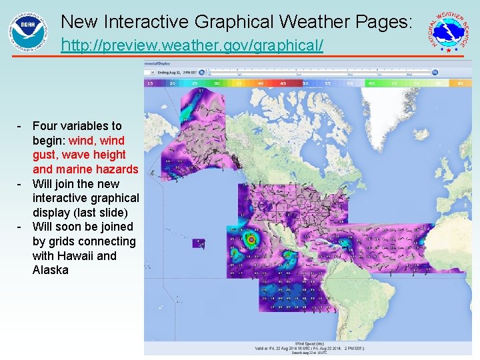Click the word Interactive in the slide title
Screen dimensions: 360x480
[153, 21]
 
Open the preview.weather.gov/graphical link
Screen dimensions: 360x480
[192, 46]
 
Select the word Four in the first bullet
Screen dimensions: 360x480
[45, 126]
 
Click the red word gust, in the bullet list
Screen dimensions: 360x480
[46, 155]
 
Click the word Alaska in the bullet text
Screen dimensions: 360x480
[51, 270]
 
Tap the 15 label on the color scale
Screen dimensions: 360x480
[150, 83]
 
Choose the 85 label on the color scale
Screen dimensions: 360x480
[461, 83]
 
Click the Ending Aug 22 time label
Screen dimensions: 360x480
[175, 71]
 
